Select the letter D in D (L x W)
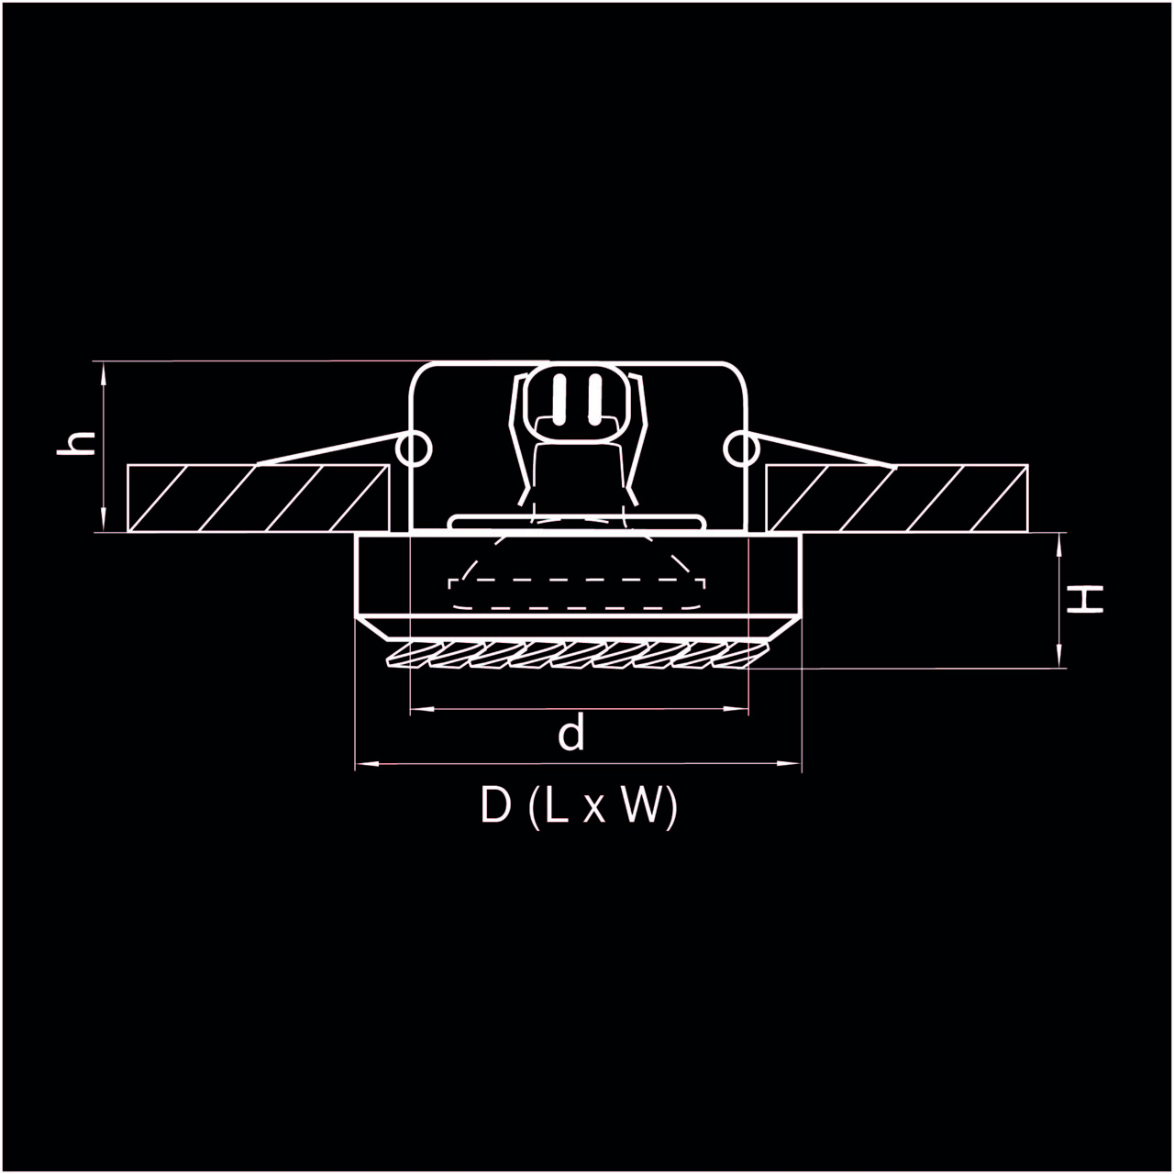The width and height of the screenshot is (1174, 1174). (x=495, y=805)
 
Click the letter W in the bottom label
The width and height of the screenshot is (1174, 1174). (x=642, y=805)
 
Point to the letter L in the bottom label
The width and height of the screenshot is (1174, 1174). (x=557, y=805)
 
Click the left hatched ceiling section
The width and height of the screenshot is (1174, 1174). (x=258, y=498)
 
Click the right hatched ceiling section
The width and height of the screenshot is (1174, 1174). (x=897, y=498)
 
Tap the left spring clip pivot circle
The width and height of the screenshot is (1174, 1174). (x=414, y=449)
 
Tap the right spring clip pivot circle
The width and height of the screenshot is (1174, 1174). (x=741, y=449)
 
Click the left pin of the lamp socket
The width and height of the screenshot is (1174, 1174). (x=559, y=399)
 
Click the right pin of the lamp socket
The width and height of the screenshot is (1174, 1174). (x=594, y=399)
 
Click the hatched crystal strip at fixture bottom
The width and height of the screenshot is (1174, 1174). (x=576, y=655)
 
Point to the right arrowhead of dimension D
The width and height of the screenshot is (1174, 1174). (x=790, y=763)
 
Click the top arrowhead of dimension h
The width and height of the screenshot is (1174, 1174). (x=104, y=373)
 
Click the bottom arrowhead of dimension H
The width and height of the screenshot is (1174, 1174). (x=1059, y=656)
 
